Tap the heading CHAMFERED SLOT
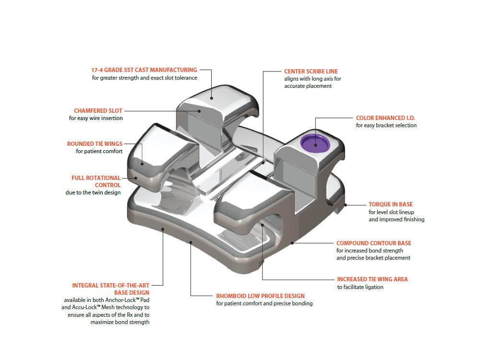point(98,110)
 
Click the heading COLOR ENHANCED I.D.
point(386,118)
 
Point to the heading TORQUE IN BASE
point(390,204)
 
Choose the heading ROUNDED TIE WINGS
point(95,144)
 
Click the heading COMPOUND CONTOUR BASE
point(373,243)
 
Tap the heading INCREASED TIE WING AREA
point(372,279)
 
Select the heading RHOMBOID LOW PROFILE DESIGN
point(260,296)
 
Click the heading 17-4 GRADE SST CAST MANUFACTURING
point(144,70)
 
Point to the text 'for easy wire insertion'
point(96,118)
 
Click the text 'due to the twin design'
point(93,192)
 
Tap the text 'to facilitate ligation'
point(360,287)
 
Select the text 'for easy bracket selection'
point(386,125)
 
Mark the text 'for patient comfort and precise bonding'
point(264,303)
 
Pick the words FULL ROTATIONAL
point(96,178)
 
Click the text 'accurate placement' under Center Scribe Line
point(308,86)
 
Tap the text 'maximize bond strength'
point(120,322)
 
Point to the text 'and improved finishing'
point(396,219)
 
